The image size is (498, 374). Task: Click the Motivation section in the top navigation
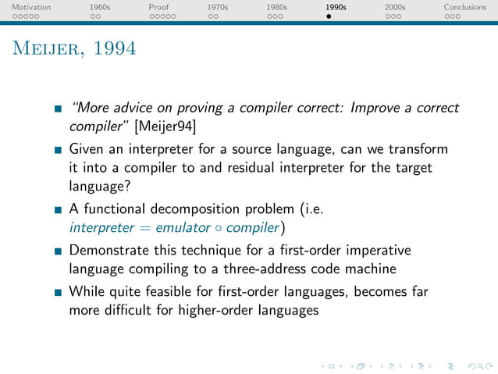(31, 7)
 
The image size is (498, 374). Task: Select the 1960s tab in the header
(100, 7)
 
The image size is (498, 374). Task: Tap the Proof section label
(158, 7)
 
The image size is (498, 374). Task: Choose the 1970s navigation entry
(218, 7)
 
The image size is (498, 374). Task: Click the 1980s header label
(277, 7)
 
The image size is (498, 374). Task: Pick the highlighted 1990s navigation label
(336, 7)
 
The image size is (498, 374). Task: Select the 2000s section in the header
(395, 7)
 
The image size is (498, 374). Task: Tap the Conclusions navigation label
(464, 7)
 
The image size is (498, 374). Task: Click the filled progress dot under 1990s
(329, 16)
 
